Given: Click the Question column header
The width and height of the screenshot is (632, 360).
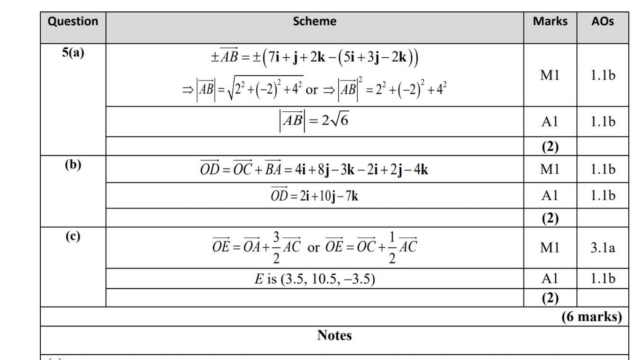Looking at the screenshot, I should (73, 21).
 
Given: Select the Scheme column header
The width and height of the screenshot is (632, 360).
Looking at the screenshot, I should (315, 21).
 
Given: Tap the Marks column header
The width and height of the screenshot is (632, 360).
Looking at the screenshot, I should (550, 21).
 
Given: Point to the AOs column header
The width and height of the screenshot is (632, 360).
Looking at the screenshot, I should (602, 21).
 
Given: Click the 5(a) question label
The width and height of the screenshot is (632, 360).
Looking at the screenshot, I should (73, 53).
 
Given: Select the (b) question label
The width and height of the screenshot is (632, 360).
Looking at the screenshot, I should (73, 164).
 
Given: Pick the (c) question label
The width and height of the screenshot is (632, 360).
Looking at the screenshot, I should (73, 236).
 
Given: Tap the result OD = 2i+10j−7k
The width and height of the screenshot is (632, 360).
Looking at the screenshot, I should (315, 195).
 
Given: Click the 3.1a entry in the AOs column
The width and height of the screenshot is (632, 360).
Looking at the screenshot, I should (603, 247).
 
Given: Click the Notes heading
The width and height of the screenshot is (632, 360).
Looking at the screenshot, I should (334, 335).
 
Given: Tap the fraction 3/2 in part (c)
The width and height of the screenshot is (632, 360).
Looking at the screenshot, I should (277, 248).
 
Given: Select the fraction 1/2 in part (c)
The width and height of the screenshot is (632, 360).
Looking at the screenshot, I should (392, 248).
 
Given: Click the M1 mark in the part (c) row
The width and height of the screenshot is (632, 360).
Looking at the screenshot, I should (550, 247).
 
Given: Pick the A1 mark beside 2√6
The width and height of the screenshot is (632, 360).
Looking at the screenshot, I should (550, 122).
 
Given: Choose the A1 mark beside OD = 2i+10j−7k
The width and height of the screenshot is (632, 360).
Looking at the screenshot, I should (550, 195).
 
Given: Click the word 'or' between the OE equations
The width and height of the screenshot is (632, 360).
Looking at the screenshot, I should (314, 248).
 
